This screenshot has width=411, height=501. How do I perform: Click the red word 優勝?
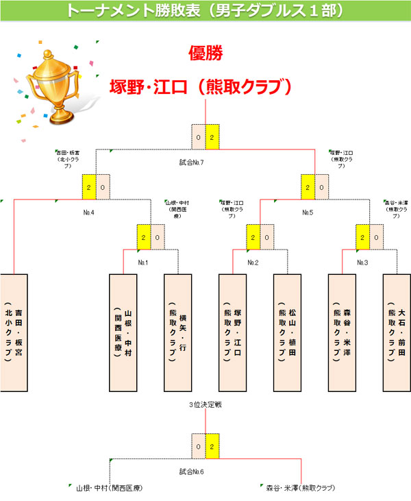(206, 53)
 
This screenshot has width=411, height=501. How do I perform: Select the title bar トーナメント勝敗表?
(206, 11)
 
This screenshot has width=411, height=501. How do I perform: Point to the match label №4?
(88, 212)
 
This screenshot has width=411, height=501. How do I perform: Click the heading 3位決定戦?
(206, 405)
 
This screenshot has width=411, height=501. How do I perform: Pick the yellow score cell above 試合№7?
(212, 137)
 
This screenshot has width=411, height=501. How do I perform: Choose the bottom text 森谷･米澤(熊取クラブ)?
(301, 488)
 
